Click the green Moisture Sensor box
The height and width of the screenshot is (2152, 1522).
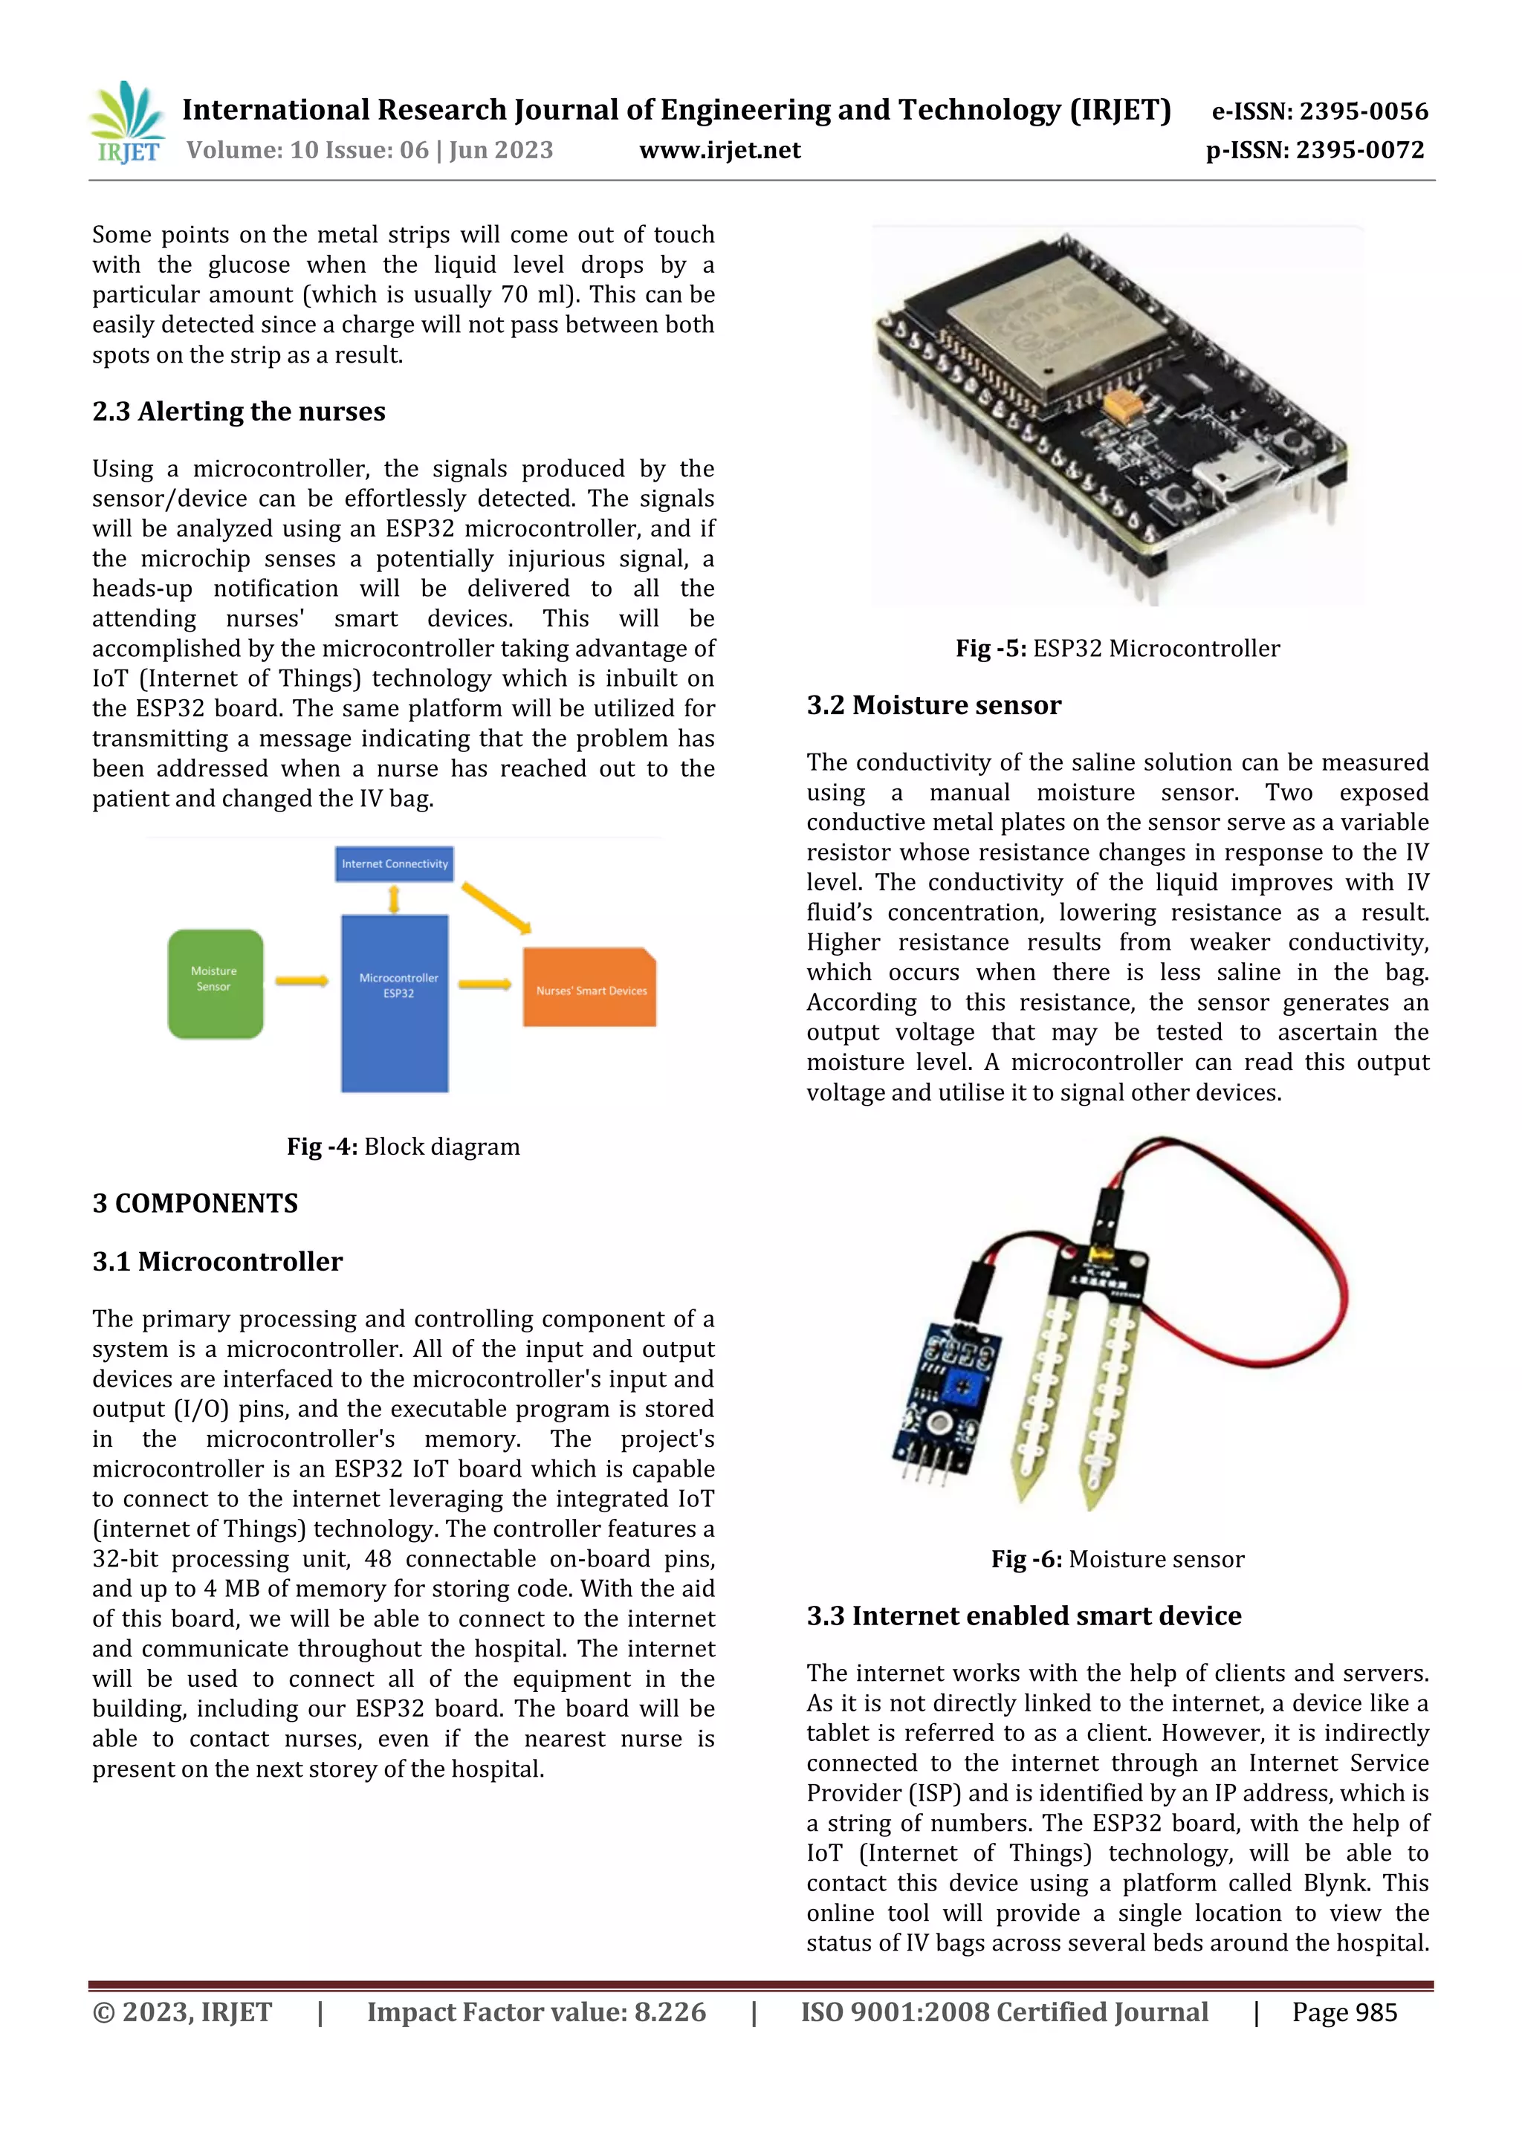click(x=215, y=983)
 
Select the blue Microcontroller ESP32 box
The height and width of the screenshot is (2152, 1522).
click(x=395, y=1003)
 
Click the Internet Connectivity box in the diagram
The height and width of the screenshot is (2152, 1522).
click(x=395, y=863)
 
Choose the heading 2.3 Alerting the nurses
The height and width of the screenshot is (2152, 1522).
click(x=239, y=412)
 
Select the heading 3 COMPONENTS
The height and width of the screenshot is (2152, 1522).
click(x=195, y=1204)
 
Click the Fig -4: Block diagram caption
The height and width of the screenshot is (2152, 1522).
click(x=403, y=1147)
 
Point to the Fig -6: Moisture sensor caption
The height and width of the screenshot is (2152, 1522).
click(x=1117, y=1559)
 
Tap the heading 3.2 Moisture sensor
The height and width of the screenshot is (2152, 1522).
click(x=933, y=705)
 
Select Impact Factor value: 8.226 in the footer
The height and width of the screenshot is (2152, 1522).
click(x=536, y=2012)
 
